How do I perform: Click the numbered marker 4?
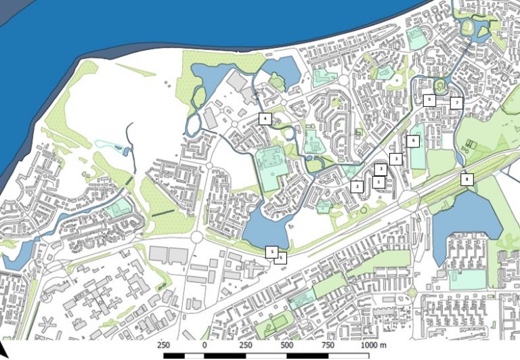(x=265, y=119)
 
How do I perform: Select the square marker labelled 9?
(x=429, y=99)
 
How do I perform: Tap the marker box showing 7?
(x=456, y=103)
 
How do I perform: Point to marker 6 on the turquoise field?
(x=413, y=141)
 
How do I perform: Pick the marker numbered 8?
(x=466, y=179)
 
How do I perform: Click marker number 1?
(x=378, y=182)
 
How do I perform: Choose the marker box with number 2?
(x=357, y=185)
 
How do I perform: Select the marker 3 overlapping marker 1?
(x=381, y=168)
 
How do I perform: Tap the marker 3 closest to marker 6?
(x=397, y=158)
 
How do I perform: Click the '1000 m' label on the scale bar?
(x=373, y=345)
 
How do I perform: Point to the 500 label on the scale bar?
(x=287, y=345)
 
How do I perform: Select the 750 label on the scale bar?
(x=328, y=345)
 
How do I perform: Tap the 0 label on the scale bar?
(x=204, y=345)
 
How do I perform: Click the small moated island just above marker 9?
(x=440, y=85)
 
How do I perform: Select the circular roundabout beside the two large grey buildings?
(x=197, y=237)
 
